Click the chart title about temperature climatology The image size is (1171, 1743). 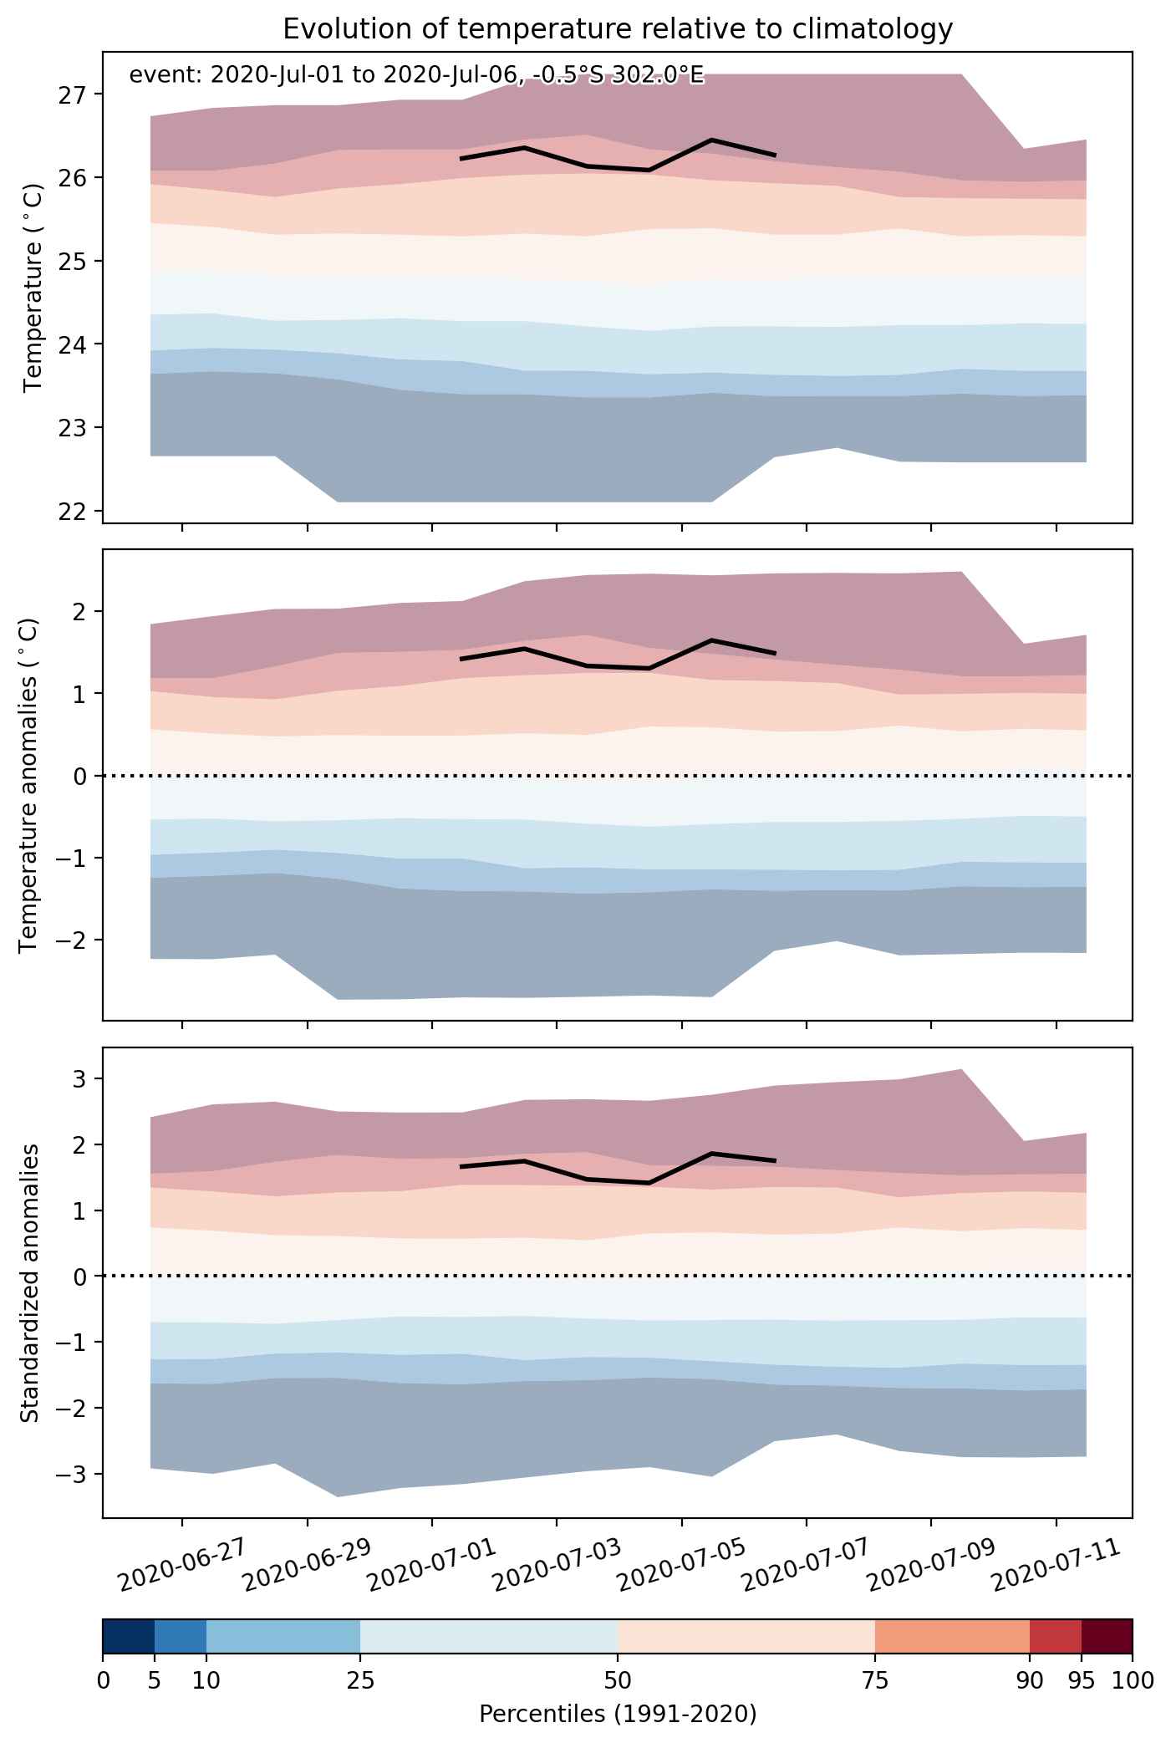618,29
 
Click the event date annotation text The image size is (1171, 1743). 416,76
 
